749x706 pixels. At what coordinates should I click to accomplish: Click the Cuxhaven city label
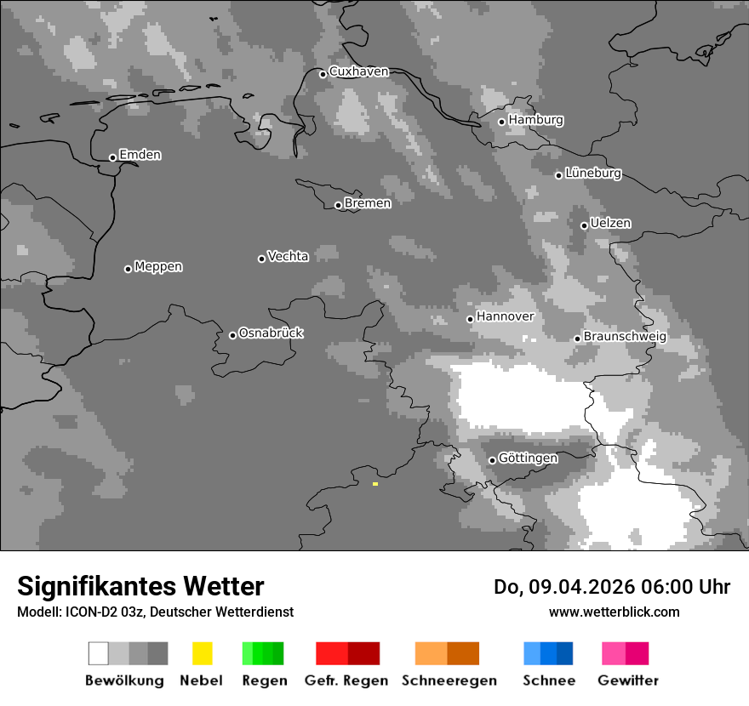pos(358,71)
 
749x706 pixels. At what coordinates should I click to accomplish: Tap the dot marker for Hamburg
pos(502,122)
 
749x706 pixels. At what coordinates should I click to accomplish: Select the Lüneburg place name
pos(592,174)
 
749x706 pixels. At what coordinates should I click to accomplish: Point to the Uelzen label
pos(610,224)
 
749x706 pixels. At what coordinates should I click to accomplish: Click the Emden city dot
pos(112,157)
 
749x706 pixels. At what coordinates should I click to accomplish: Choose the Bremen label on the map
pos(368,203)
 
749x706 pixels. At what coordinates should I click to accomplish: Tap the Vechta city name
pos(288,256)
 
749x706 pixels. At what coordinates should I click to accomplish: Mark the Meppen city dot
pos(128,269)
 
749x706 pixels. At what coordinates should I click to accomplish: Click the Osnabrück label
pos(271,333)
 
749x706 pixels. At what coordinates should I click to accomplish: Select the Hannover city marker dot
pos(470,319)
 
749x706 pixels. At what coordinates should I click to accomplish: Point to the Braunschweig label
pos(625,337)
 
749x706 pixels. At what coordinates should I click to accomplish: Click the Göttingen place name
pos(528,458)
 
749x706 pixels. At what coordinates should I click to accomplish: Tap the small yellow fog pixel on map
pos(374,484)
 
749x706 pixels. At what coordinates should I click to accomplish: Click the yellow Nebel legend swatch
pos(202,653)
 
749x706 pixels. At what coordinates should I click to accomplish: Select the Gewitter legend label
pos(628,680)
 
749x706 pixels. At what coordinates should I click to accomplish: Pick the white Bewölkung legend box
pos(99,653)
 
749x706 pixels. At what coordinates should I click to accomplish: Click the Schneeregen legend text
pos(449,680)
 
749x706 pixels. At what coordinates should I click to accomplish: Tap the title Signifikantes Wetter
pos(140,587)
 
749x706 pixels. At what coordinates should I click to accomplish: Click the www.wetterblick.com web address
pos(615,612)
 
